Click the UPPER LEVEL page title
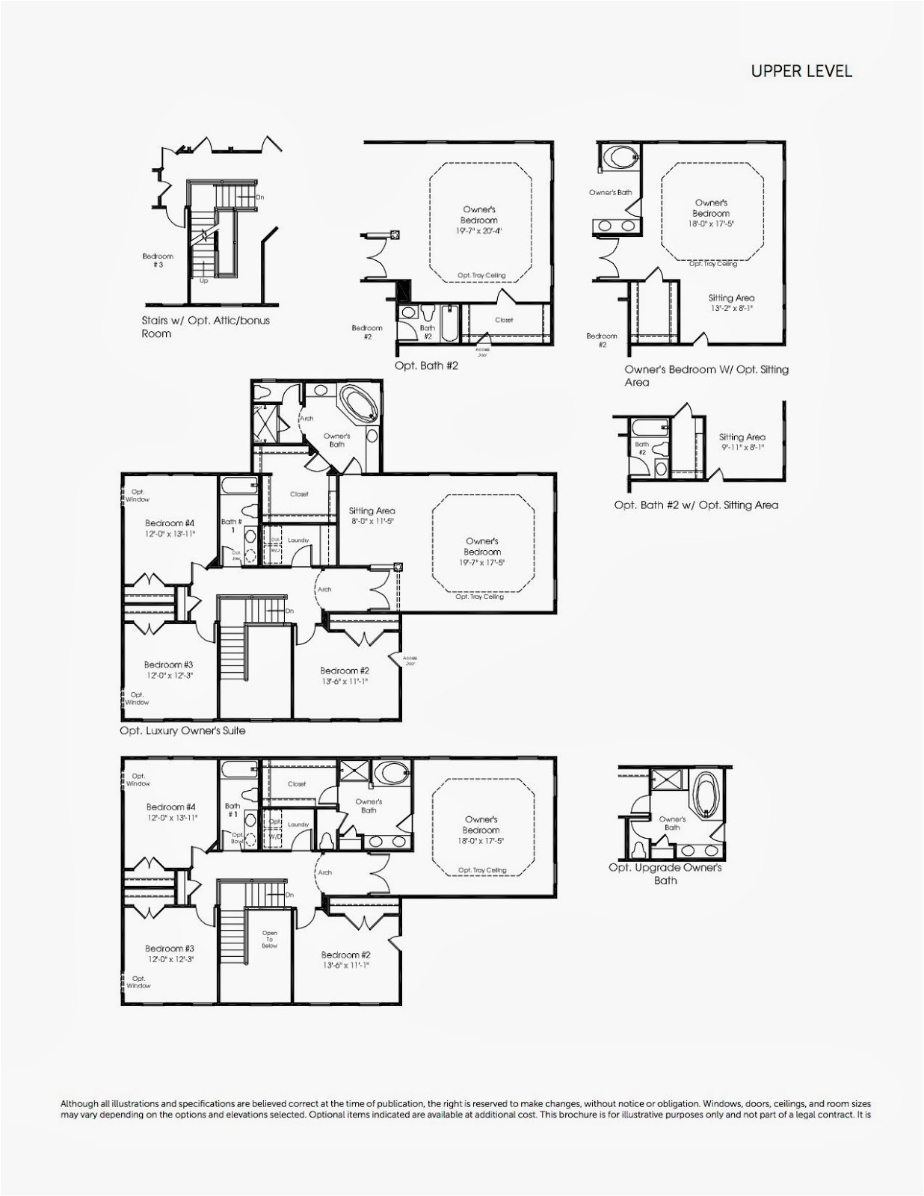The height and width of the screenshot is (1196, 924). [801, 72]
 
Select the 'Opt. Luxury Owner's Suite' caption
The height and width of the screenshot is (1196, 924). [182, 730]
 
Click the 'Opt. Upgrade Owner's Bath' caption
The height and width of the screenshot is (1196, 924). [665, 874]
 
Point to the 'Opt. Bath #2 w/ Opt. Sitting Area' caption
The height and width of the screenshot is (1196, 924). [696, 505]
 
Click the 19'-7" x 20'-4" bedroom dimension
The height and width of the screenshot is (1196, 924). [478, 232]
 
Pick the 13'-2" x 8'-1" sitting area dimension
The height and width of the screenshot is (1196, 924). [730, 308]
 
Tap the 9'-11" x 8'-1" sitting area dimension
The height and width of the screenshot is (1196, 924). [742, 447]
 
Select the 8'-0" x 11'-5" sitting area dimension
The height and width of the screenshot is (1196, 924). [372, 521]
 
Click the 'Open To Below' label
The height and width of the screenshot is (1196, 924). [270, 940]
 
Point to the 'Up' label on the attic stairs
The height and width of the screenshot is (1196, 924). [203, 281]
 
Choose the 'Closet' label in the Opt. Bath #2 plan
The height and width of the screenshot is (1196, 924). [504, 320]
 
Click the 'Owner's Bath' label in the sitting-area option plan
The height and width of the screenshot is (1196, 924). [610, 193]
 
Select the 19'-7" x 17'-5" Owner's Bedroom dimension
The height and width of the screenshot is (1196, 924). [481, 562]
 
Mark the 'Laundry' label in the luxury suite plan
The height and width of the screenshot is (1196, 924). [298, 540]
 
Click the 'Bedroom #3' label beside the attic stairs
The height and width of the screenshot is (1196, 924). [158, 260]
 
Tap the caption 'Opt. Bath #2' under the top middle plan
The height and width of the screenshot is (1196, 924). [426, 366]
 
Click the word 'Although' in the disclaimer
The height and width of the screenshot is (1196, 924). [78, 1103]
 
